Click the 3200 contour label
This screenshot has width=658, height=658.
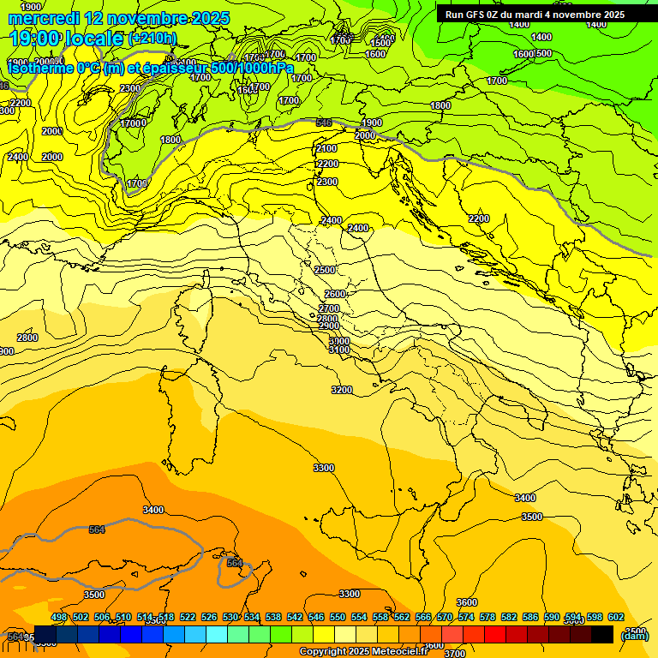[342, 390]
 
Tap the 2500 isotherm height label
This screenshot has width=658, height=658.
[325, 270]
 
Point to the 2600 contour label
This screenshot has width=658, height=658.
[335, 294]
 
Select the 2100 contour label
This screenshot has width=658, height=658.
[326, 148]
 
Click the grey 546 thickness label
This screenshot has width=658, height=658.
[323, 123]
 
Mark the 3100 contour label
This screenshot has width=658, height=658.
[339, 350]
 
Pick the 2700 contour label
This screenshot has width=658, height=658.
[329, 308]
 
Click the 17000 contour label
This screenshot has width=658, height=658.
[133, 123]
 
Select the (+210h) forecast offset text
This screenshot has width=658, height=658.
[153, 38]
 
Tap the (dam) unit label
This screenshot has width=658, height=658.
[634, 635]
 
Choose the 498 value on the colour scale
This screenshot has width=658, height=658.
[59, 617]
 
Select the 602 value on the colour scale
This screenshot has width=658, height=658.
[615, 617]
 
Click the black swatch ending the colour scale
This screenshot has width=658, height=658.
[602, 634]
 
